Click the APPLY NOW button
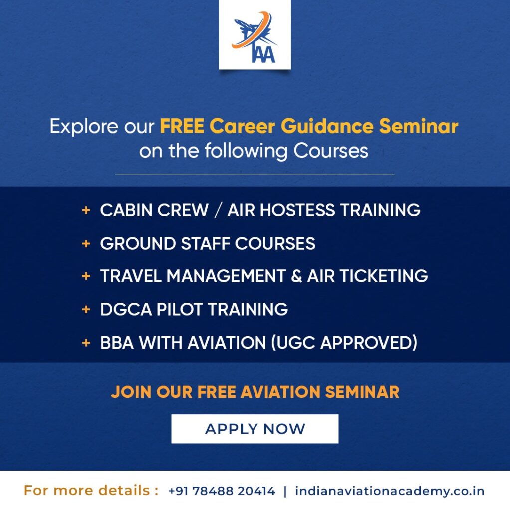coord(255,429)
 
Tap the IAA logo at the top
coord(255,35)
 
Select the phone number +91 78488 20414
coord(222,491)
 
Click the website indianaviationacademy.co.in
coord(390,491)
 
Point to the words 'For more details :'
coord(91,491)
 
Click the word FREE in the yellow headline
coord(182,126)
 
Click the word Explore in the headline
coord(84,126)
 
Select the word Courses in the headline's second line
coord(331,151)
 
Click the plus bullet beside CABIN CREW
coord(86,210)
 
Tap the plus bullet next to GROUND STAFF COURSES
coord(86,243)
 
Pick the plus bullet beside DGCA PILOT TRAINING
coord(86,309)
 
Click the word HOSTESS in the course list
coord(297,210)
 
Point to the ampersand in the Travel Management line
coord(296,276)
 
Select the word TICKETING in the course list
coord(384,276)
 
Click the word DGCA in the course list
coord(126,309)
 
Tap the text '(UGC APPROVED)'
coord(344,343)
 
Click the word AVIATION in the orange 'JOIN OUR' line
coord(280,392)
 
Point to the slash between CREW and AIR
coord(218,210)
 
